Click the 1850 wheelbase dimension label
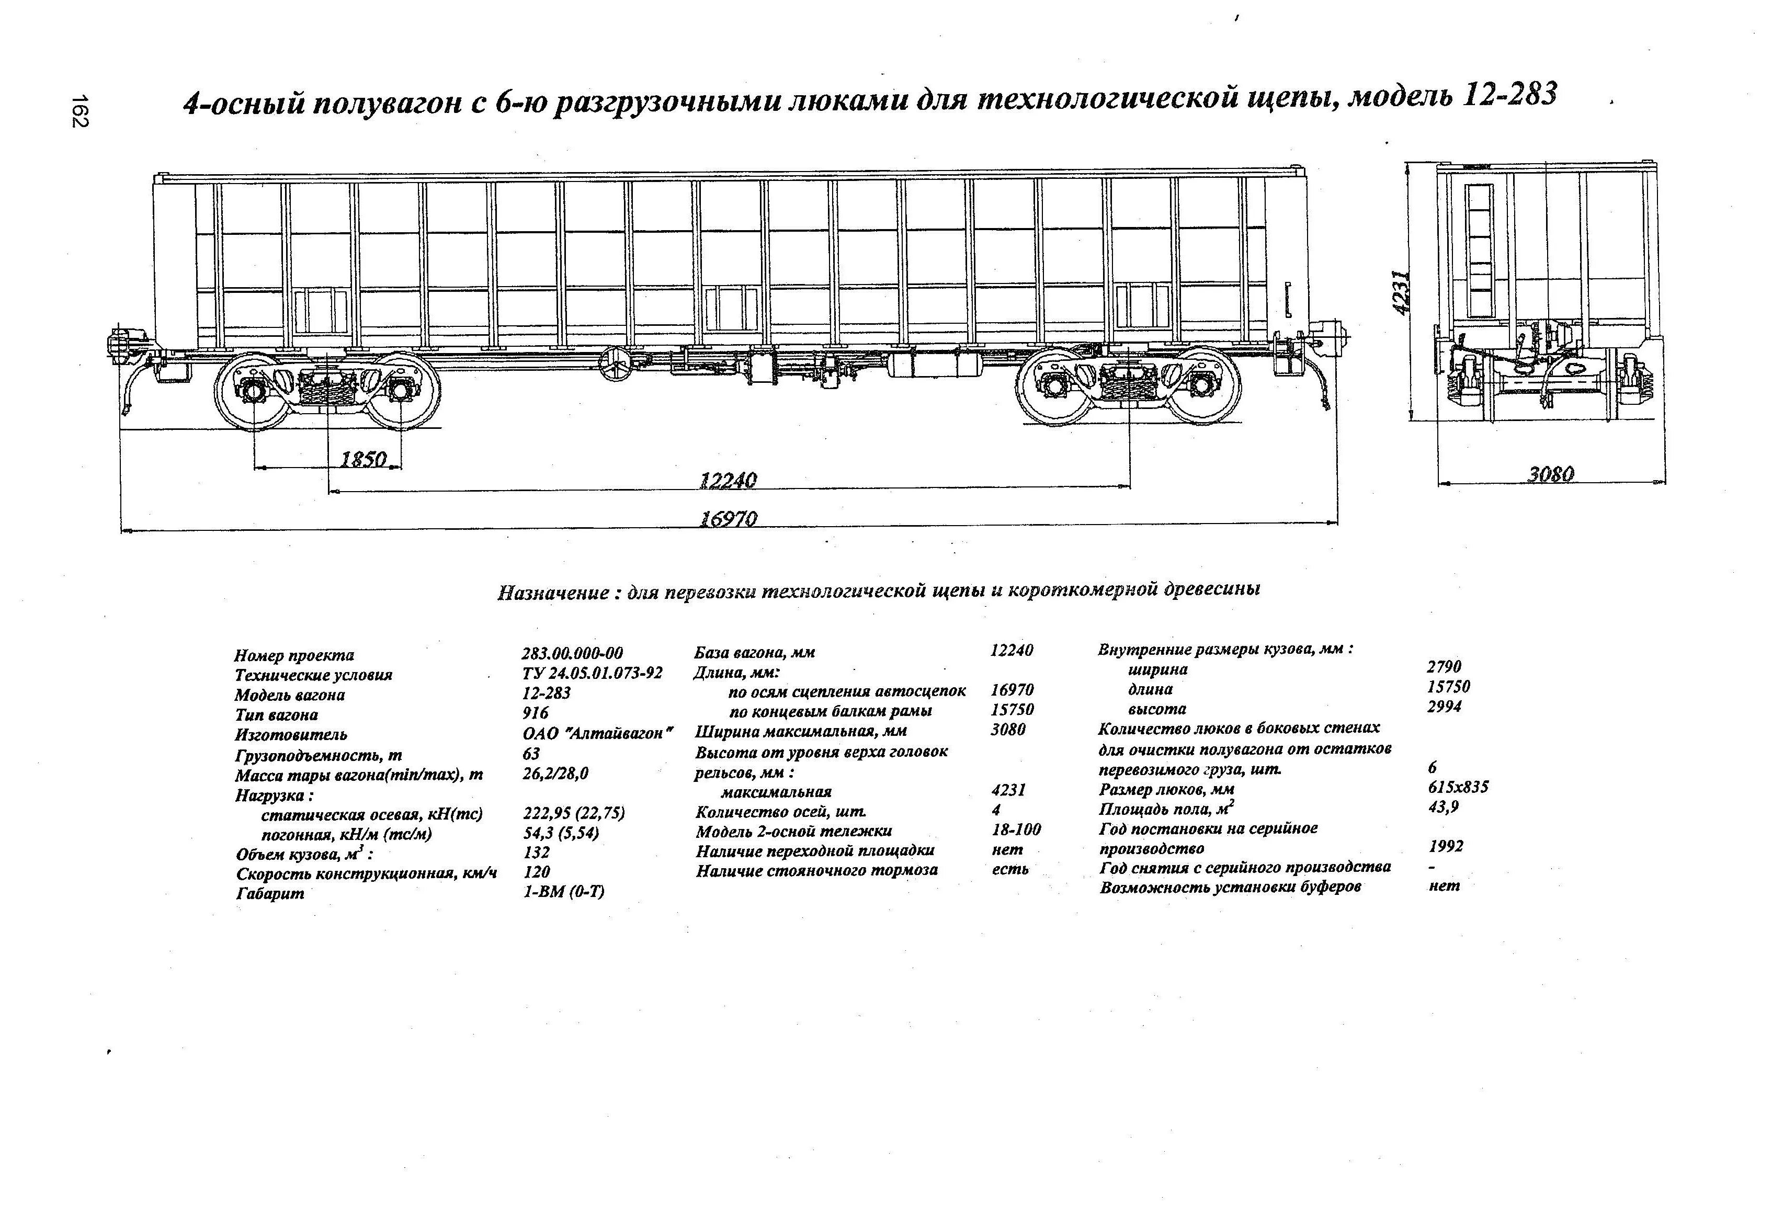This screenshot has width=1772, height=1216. click(x=363, y=459)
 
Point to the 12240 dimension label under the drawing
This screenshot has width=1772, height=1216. click(x=728, y=480)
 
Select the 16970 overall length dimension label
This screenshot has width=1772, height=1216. click(x=728, y=519)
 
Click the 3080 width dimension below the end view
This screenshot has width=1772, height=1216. click(x=1550, y=474)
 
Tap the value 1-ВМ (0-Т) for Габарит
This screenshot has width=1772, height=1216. click(x=563, y=892)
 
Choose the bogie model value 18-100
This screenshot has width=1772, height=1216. click(x=1016, y=830)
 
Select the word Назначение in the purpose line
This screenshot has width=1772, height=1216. click(x=553, y=593)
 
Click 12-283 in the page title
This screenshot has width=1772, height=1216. click(x=1510, y=95)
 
